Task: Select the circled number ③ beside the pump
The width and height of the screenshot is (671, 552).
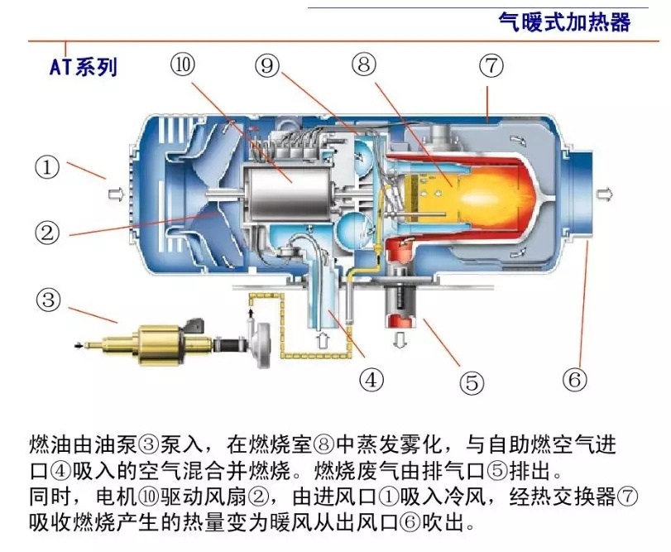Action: coord(47,297)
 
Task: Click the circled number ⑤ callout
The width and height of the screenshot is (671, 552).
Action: coord(471,382)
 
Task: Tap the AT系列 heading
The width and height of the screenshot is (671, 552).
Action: coord(84,66)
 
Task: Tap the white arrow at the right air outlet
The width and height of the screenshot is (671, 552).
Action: coord(606,194)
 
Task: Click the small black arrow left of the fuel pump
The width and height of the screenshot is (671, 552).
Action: coord(79,346)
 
